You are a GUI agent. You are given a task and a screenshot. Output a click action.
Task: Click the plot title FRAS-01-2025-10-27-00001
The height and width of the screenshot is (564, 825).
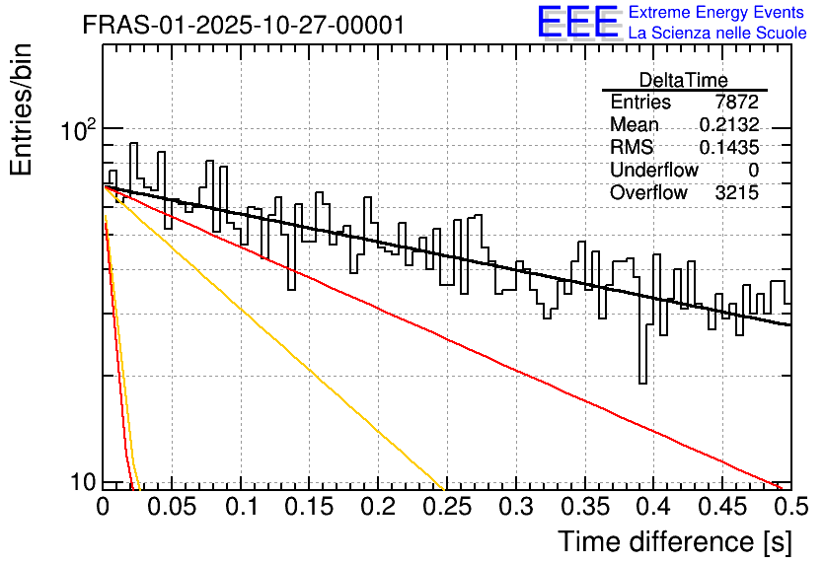click(244, 25)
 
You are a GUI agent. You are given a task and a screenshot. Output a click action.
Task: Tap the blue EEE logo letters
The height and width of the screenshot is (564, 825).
click(578, 22)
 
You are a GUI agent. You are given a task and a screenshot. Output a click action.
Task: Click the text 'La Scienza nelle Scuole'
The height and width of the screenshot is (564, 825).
click(717, 34)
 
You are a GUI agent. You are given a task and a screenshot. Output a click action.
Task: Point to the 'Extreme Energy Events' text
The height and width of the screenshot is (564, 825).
click(716, 12)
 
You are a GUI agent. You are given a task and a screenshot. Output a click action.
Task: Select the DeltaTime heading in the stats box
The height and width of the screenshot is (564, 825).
click(684, 80)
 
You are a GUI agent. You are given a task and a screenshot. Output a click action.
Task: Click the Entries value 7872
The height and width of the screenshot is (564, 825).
click(736, 102)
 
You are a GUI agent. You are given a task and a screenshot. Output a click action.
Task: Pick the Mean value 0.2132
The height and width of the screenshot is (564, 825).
click(729, 124)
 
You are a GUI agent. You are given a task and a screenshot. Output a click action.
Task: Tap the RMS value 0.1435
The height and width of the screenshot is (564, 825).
click(729, 147)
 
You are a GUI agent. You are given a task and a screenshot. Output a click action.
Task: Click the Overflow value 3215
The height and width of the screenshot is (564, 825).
click(736, 193)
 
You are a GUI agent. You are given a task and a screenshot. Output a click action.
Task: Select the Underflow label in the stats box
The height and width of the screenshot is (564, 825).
click(654, 170)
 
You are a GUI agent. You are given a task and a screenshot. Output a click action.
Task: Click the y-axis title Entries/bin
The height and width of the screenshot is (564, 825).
click(21, 109)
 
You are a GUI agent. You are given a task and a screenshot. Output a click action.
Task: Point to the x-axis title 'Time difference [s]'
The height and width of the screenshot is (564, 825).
click(675, 541)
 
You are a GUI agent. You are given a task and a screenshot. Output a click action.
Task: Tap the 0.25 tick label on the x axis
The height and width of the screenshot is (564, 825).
click(447, 506)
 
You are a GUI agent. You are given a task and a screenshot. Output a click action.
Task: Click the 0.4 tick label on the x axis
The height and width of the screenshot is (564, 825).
click(653, 506)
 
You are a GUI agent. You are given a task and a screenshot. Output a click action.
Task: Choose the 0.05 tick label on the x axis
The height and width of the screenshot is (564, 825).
click(171, 506)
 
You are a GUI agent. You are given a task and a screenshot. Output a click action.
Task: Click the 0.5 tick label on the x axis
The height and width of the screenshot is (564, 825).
click(790, 506)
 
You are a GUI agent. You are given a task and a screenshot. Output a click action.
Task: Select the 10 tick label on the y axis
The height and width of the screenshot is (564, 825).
click(83, 481)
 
